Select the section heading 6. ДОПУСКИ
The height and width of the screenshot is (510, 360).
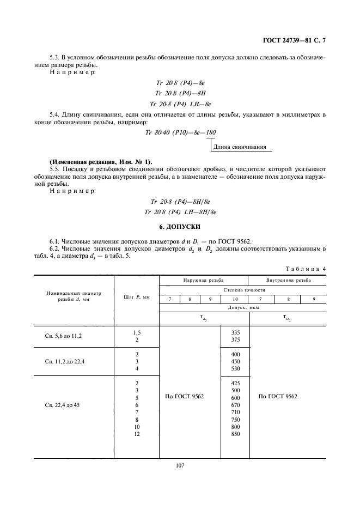point(180,226)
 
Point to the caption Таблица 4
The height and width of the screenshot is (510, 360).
point(306,269)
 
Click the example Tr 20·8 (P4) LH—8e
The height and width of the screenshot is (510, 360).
point(180,103)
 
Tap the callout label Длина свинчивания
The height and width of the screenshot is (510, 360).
point(240,147)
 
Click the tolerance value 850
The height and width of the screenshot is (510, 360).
point(235,434)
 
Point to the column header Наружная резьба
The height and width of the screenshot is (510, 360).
point(203,281)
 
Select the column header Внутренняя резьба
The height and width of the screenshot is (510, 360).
point(288,281)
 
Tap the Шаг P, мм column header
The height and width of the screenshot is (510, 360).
point(136,296)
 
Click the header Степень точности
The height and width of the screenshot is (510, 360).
point(243,290)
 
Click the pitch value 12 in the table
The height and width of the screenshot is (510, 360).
point(137,434)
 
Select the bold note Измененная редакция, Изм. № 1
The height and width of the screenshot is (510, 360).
point(101,162)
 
